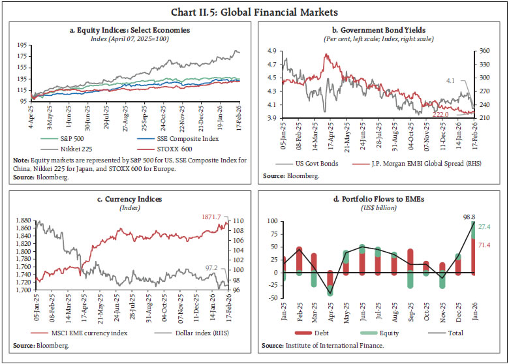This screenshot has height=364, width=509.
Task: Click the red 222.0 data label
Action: coord(441,114)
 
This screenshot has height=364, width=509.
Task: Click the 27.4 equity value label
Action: coord(486,227)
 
